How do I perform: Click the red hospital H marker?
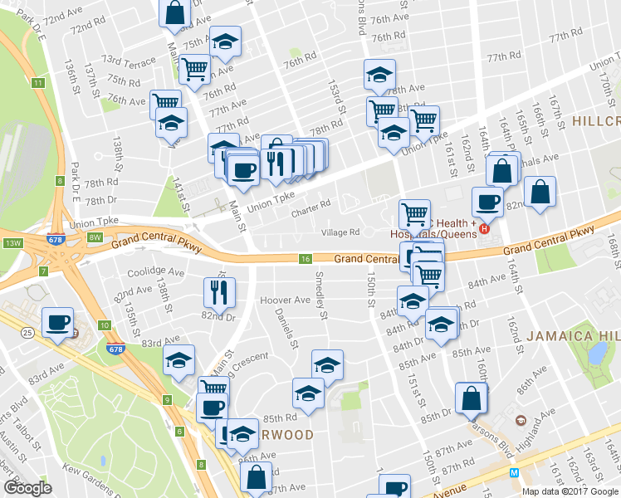coord(486,228)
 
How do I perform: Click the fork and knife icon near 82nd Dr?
coord(220,291)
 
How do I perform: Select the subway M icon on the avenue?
coord(514,472)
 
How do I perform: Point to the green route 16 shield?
coord(306,260)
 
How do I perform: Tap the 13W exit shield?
coord(12,242)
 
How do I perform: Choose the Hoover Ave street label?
coord(285,300)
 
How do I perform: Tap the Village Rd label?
coord(340,233)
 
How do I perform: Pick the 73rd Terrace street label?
coord(128,61)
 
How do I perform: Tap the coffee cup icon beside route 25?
coord(57,323)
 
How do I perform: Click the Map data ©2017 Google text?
coord(570,491)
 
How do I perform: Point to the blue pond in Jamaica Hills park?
coord(596,353)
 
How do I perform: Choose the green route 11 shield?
coord(38,82)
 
